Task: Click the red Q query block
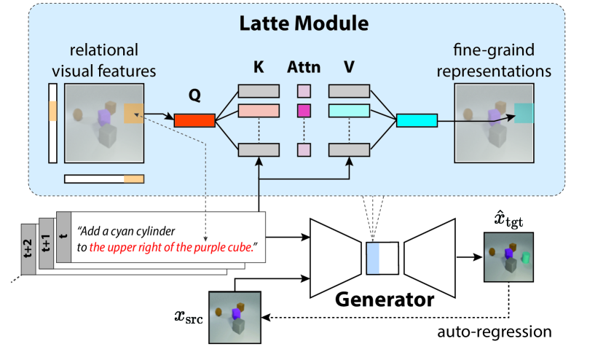pyautogui.click(x=194, y=120)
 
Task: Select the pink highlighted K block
pyautogui.click(x=259, y=110)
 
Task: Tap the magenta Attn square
pyautogui.click(x=304, y=111)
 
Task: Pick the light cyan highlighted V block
pyautogui.click(x=350, y=110)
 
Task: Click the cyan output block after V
pyautogui.click(x=417, y=120)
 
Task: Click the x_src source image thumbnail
pyautogui.click(x=235, y=316)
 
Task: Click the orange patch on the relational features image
pyautogui.click(x=133, y=113)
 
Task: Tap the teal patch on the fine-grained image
pyautogui.click(x=524, y=113)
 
